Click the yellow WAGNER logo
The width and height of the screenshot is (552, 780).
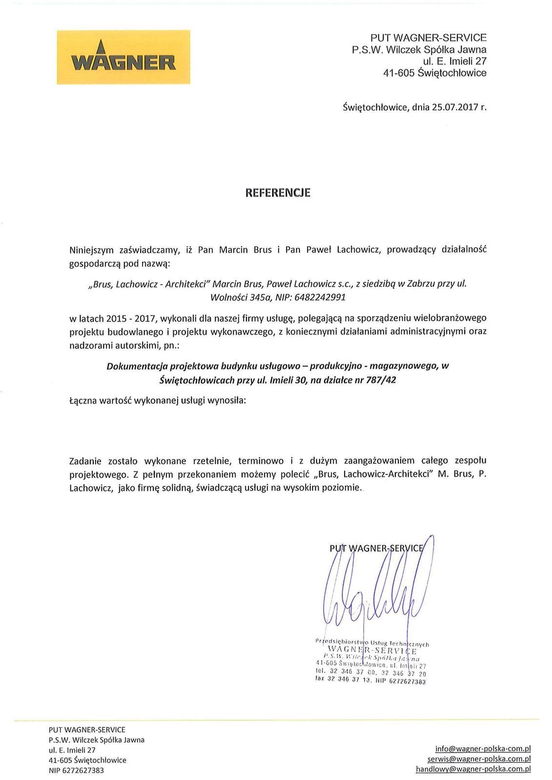pos(123,57)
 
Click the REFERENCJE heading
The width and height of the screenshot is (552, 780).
pos(277,193)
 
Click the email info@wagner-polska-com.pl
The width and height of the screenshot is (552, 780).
pos(483,749)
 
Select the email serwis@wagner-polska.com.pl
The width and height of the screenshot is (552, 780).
pos(479,759)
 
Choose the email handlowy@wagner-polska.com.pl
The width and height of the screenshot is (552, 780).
pos(473,769)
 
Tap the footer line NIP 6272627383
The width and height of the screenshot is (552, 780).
pos(76,770)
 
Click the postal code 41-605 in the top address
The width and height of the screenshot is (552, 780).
pos(399,73)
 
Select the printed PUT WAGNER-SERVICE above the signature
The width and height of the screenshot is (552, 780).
pos(377,548)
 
